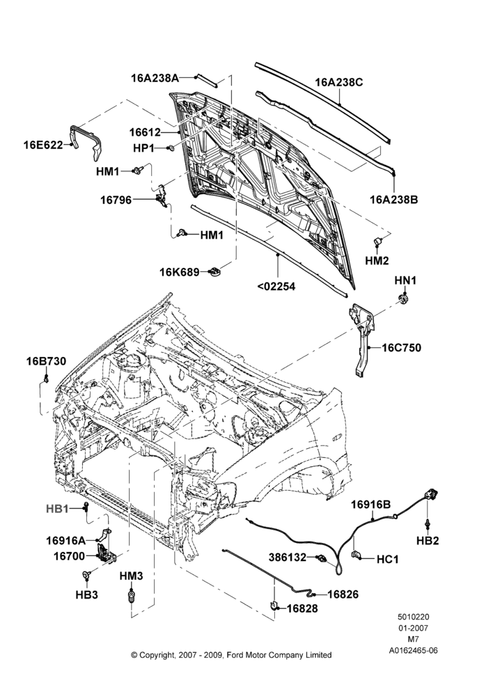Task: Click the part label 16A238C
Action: tap(339, 83)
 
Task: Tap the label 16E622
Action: tap(43, 145)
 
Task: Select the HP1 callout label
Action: tap(143, 148)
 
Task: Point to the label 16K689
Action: tap(180, 271)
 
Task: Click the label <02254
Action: tap(276, 286)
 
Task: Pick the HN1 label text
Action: tap(405, 280)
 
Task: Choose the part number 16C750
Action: tap(402, 347)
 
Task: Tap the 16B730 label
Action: tap(46, 361)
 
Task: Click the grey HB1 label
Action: tap(57, 509)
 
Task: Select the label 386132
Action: tap(288, 557)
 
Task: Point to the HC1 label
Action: tap(388, 560)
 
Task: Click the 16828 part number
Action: tap(302, 608)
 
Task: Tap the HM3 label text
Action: tap(131, 576)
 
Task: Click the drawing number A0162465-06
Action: tap(413, 651)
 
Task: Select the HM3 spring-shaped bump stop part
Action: tap(131, 596)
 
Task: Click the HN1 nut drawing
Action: tap(403, 299)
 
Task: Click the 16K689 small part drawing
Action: tap(215, 271)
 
